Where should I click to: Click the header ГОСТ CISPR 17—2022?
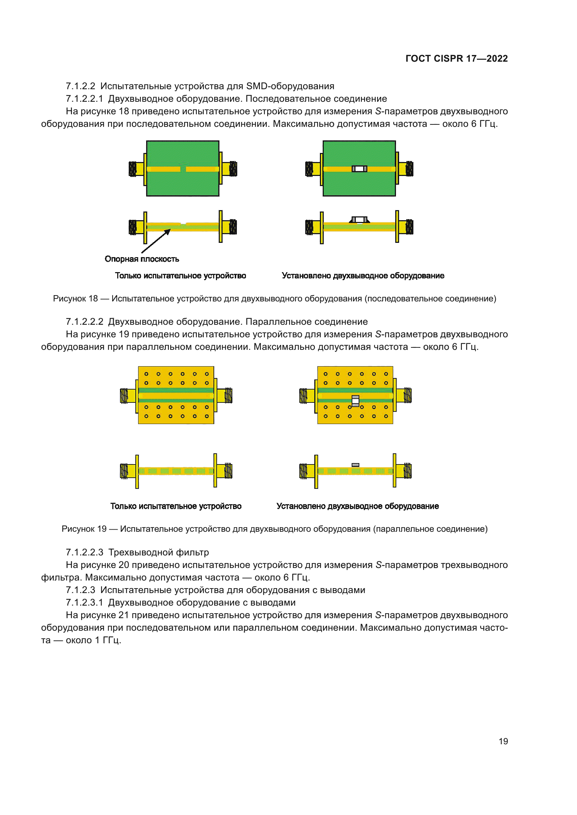click(x=456, y=59)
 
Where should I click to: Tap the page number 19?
click(x=503, y=741)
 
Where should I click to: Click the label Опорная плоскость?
click(x=142, y=259)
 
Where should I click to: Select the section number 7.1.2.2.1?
click(x=84, y=99)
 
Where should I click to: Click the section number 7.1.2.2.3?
click(x=84, y=552)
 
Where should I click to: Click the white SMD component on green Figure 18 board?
click(x=359, y=169)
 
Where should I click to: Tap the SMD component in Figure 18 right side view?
click(x=359, y=220)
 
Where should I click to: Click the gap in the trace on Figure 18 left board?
click(x=183, y=169)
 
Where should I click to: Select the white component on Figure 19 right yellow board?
click(x=355, y=401)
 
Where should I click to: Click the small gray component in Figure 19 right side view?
click(x=355, y=465)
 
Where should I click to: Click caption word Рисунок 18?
click(x=75, y=299)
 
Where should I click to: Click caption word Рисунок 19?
click(x=84, y=529)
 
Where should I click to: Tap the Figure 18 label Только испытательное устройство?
click(x=180, y=276)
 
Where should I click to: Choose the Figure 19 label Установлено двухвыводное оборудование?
click(x=358, y=506)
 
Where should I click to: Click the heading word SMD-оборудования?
click(x=290, y=86)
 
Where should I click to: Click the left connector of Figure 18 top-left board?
click(x=136, y=169)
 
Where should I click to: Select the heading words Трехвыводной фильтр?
click(x=158, y=552)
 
